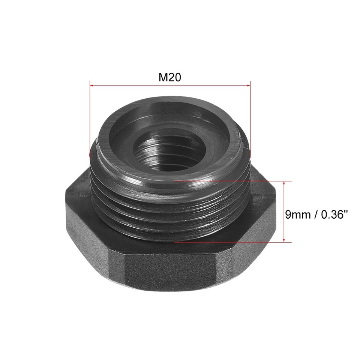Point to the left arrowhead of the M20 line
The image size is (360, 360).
click(x=92, y=85)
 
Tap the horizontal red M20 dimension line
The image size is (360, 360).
click(x=169, y=85)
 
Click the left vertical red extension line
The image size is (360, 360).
click(x=90, y=120)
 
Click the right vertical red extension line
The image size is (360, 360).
click(x=250, y=120)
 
